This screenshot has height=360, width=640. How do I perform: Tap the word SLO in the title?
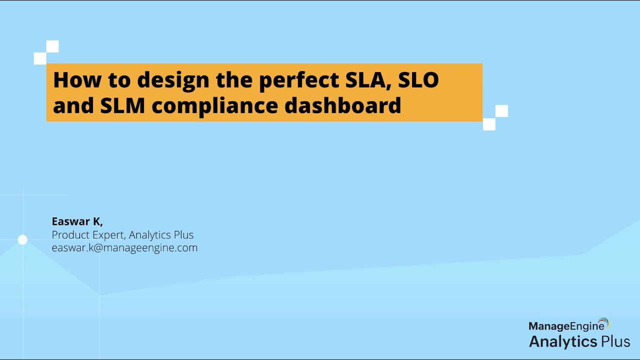click(418, 80)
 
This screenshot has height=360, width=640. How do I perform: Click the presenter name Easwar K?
click(77, 221)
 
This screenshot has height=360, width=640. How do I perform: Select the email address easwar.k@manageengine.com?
click(124, 247)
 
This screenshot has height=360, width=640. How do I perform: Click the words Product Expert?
click(85, 235)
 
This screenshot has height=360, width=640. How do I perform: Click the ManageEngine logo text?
click(563, 326)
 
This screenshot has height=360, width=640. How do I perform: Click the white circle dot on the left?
click(22, 240)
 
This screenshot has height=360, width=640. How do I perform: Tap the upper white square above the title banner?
click(52, 46)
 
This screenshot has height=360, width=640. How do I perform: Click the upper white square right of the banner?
click(501, 111)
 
